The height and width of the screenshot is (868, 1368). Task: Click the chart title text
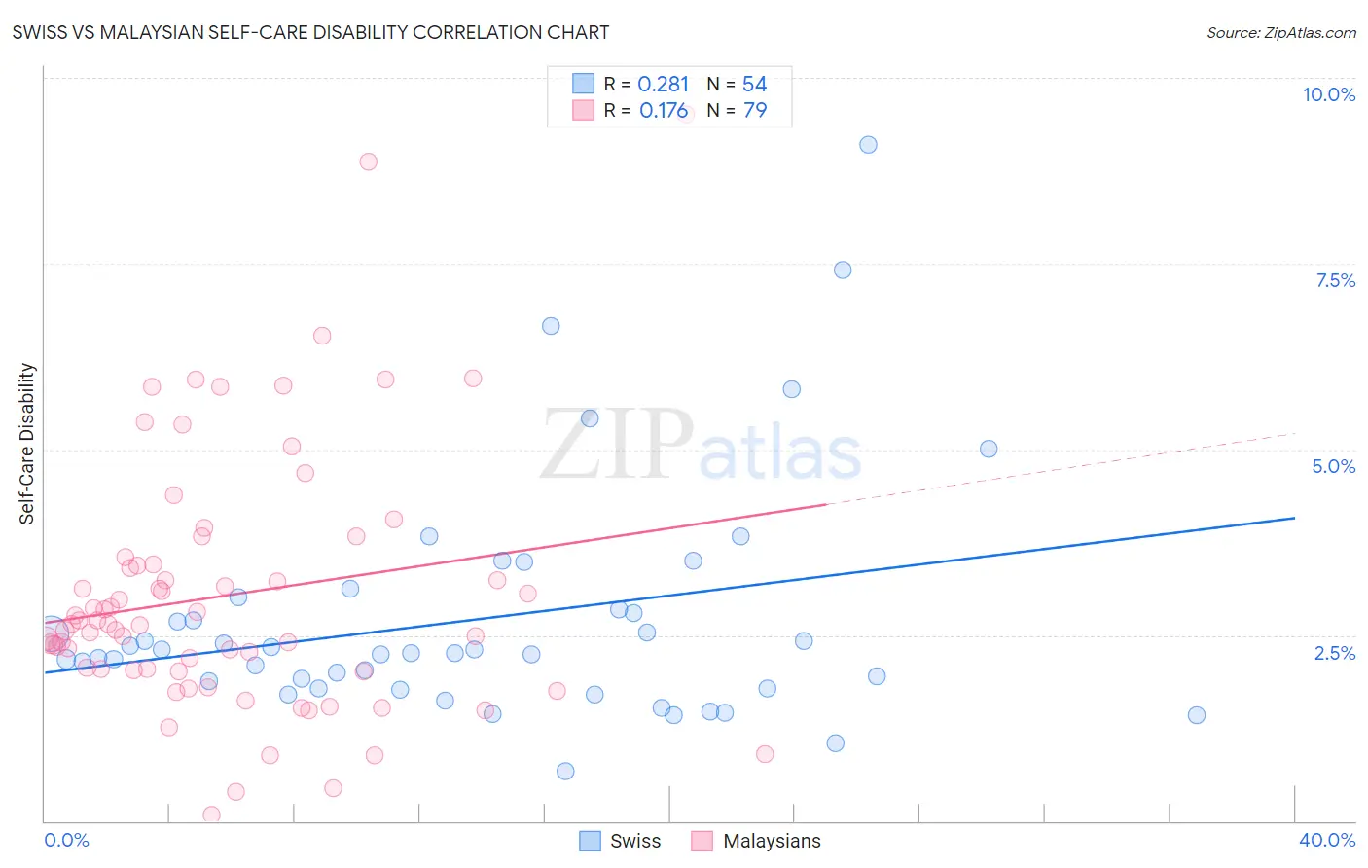(x=310, y=32)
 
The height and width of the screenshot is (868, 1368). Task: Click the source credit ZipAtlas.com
(x=1280, y=32)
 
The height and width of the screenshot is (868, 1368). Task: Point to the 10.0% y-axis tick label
(x=1328, y=94)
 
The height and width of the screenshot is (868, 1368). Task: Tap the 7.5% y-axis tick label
(x=1335, y=280)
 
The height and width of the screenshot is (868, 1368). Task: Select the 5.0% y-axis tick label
(x=1333, y=466)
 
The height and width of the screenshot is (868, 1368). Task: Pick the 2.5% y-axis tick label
(x=1334, y=653)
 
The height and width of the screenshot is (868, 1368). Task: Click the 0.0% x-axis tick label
(x=66, y=840)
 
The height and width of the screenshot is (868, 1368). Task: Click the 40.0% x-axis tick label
(x=1326, y=840)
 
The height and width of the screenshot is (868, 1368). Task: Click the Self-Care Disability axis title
(x=27, y=444)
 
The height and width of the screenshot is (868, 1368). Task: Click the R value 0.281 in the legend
(x=663, y=84)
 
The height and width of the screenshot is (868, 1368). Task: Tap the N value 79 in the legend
(x=755, y=110)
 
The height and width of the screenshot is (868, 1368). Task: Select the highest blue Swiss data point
(x=868, y=145)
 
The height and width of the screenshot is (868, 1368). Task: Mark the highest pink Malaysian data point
(x=368, y=162)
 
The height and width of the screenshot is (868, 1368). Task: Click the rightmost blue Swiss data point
(x=1197, y=715)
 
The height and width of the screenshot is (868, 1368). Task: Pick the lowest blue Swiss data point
(x=565, y=772)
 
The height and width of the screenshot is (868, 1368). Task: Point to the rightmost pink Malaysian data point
(x=765, y=754)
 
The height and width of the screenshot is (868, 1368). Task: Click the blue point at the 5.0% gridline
(x=989, y=449)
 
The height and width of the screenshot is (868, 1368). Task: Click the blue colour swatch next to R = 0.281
(x=583, y=84)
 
